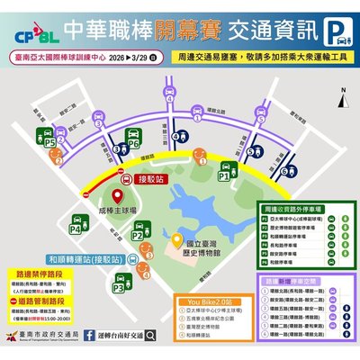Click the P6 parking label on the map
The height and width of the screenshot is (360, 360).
(x=133, y=142)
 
